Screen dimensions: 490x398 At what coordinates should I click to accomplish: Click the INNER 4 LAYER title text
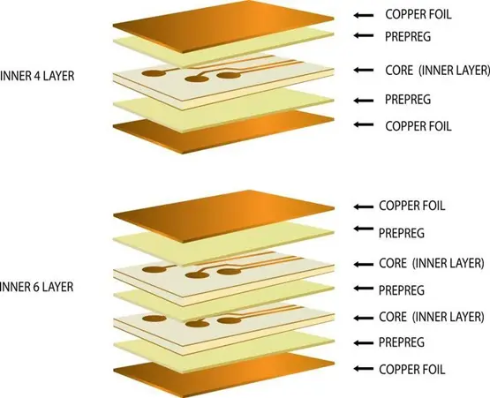(37, 76)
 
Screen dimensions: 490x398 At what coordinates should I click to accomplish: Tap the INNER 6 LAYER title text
(36, 287)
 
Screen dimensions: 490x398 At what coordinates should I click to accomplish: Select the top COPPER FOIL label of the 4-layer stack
(418, 14)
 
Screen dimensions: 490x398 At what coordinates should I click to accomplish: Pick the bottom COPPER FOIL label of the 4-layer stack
(418, 126)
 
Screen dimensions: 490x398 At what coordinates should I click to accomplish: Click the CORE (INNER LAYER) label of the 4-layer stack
(437, 71)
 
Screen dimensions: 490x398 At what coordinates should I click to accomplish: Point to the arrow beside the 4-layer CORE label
(364, 70)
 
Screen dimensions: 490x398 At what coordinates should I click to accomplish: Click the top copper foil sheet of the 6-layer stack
(223, 215)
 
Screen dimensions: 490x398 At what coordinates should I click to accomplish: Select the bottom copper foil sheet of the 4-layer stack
(223, 131)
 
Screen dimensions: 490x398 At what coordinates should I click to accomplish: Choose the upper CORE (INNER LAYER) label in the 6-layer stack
(432, 263)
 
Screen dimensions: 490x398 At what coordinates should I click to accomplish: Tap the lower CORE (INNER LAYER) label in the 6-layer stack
(432, 317)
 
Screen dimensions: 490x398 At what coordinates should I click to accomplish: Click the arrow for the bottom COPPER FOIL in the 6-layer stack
(364, 369)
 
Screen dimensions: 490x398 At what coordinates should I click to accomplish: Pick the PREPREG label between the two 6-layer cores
(402, 290)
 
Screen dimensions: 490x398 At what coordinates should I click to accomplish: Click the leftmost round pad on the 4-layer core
(154, 74)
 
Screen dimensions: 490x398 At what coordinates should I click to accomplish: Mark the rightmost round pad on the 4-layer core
(229, 75)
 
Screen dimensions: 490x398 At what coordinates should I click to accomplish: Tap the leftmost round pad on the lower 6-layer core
(154, 319)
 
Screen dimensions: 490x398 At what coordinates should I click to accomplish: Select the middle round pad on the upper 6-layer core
(197, 275)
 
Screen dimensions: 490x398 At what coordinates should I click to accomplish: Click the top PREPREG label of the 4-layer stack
(408, 37)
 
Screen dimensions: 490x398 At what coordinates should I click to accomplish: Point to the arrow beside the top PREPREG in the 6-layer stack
(364, 229)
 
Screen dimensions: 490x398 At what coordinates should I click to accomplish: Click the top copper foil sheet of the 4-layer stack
(223, 26)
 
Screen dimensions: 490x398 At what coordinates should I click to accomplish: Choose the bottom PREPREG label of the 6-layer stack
(402, 342)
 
